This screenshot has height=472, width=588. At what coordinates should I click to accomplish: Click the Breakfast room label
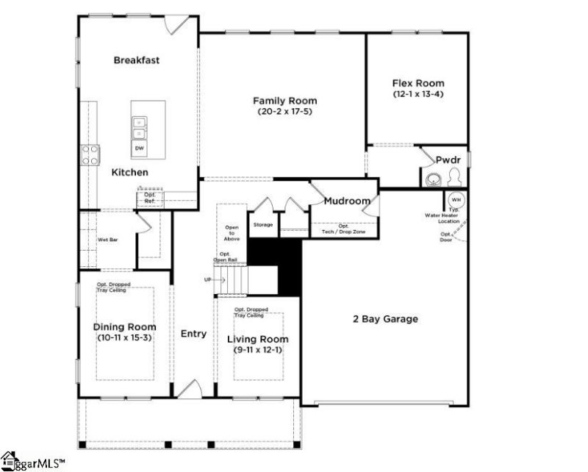[x=137, y=60]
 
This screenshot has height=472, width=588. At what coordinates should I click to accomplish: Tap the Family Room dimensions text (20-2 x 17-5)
[x=284, y=112]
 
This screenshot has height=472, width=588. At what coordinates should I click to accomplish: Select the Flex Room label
[x=417, y=84]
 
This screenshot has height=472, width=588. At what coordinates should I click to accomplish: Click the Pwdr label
[x=447, y=159]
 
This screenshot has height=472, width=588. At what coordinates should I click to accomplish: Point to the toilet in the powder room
[x=454, y=176]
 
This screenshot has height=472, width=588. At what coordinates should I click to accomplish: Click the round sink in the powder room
[x=431, y=177]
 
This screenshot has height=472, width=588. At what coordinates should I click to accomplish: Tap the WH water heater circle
[x=455, y=199]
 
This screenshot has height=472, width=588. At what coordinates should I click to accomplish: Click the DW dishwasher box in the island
[x=139, y=148]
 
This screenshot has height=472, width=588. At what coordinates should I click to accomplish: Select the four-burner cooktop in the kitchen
[x=90, y=154]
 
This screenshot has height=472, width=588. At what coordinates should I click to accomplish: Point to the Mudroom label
[x=347, y=200]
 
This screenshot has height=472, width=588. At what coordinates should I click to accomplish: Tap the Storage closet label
[x=263, y=224]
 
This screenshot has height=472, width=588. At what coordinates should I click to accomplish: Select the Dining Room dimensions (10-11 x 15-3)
[x=125, y=338]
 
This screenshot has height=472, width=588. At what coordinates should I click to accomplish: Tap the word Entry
[x=193, y=334]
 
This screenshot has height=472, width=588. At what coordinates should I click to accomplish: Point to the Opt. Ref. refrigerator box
[x=149, y=197]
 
